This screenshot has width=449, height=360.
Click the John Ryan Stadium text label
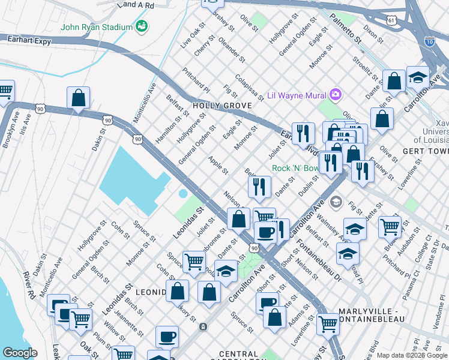click(x=96, y=27)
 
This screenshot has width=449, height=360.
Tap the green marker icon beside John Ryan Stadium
click(x=142, y=26)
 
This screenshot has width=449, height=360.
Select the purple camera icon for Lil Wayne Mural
click(x=335, y=95)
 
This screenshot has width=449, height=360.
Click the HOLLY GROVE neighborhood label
click(x=217, y=106)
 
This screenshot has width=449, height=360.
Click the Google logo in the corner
click(x=20, y=353)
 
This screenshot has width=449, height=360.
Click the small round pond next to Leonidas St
click(x=182, y=193)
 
